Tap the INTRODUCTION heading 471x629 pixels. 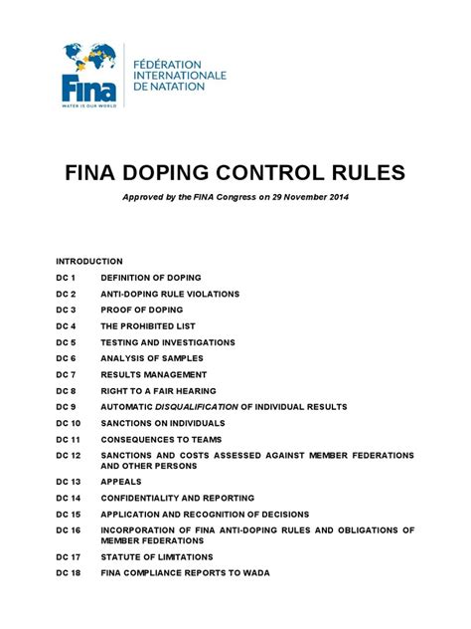coord(89,261)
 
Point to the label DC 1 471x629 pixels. coord(67,278)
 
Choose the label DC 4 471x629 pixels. coord(67,326)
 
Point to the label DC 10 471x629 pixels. coord(70,424)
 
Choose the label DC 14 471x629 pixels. coord(70,498)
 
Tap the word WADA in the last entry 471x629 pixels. coord(282,572)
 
